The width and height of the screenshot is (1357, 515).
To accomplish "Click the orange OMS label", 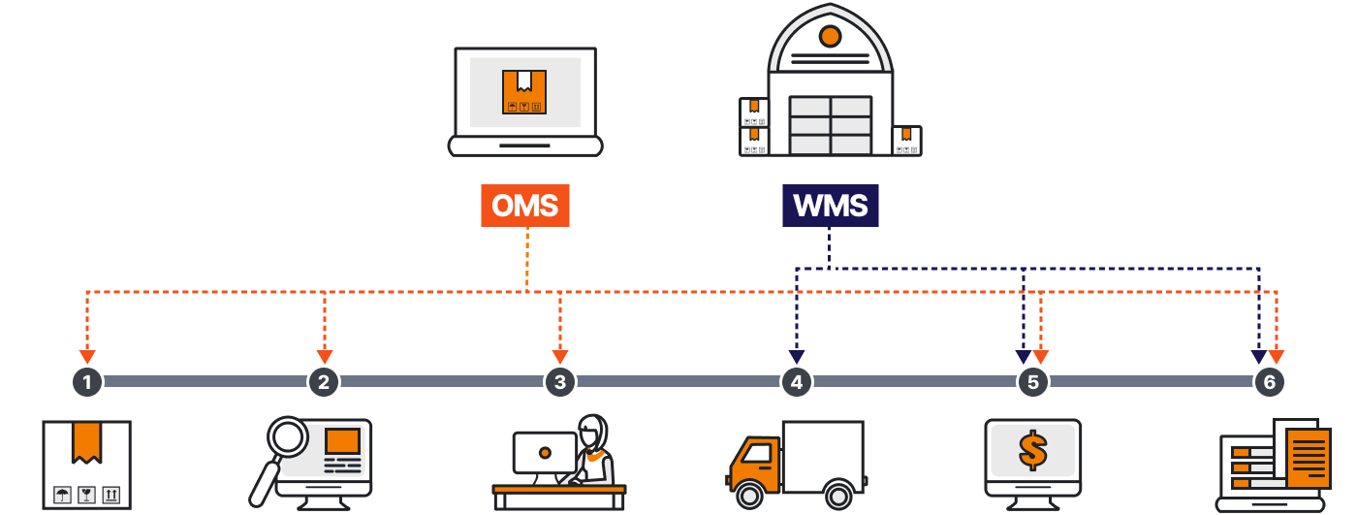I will [524, 206].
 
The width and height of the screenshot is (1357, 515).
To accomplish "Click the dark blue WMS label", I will [830, 206].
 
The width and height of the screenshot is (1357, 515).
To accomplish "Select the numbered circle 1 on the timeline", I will [87, 381].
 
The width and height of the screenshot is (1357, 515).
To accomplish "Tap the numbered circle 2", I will [324, 381].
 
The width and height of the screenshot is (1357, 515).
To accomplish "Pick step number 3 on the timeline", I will [560, 381].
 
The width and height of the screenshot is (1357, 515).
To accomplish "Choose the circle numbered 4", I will [797, 381].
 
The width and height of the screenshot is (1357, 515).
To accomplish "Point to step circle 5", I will [1033, 381].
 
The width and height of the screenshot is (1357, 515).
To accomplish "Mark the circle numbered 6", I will [1270, 381].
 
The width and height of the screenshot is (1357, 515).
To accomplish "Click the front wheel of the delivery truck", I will [749, 496].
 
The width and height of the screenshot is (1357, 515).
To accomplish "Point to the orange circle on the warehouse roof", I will [830, 37].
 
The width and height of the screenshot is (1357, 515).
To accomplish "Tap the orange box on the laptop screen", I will [524, 93].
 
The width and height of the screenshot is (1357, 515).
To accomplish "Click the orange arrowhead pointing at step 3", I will [560, 357].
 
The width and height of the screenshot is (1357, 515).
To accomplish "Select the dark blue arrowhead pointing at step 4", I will [797, 357].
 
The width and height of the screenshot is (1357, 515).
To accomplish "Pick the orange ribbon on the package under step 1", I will [87, 440].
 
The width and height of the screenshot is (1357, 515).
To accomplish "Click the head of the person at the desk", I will [592, 433].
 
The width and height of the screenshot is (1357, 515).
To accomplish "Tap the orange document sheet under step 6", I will [1309, 457].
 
